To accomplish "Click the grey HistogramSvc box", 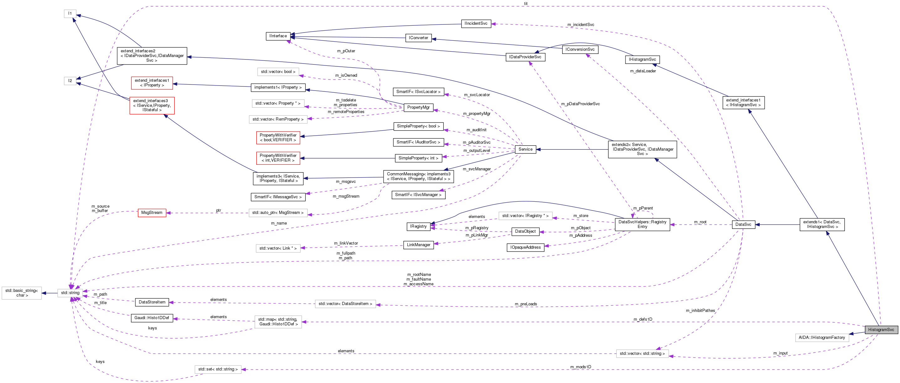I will pyautogui.click(x=881, y=329).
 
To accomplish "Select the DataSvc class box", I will pyautogui.click(x=743, y=225).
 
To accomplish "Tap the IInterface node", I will pyautogui.click(x=278, y=36).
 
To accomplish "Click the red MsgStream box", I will pyautogui.click(x=152, y=213).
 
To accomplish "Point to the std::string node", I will pyautogui.click(x=70, y=293).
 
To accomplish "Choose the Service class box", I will pyautogui.click(x=525, y=149).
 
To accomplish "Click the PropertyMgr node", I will pyautogui.click(x=418, y=107).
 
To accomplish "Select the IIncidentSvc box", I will pyautogui.click(x=476, y=23).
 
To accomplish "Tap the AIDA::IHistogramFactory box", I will pyautogui.click(x=822, y=338).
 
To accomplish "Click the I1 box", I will pyautogui.click(x=70, y=13).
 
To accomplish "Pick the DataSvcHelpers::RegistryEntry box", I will pyautogui.click(x=642, y=225).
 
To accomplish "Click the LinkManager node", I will pyautogui.click(x=418, y=245).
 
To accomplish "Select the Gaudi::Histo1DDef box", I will pyautogui.click(x=152, y=318).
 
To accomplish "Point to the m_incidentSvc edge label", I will pyautogui.click(x=581, y=25).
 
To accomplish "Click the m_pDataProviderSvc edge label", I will pyautogui.click(x=580, y=104).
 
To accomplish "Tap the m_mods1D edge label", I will pyautogui.click(x=581, y=367).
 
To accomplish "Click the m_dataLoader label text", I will pyautogui.click(x=643, y=71).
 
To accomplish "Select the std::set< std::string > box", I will pyautogui.click(x=218, y=370).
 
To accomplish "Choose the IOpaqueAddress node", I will pyautogui.click(x=525, y=247).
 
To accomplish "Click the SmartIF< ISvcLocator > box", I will pyautogui.click(x=418, y=92).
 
